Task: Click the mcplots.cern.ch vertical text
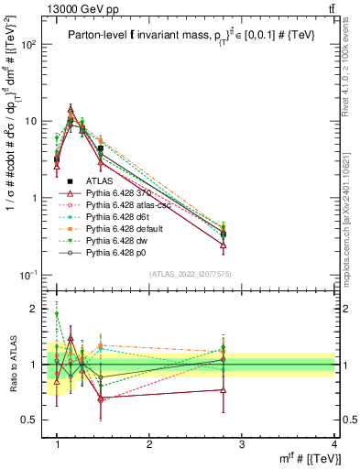(352, 211)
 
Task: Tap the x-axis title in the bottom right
(306, 458)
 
